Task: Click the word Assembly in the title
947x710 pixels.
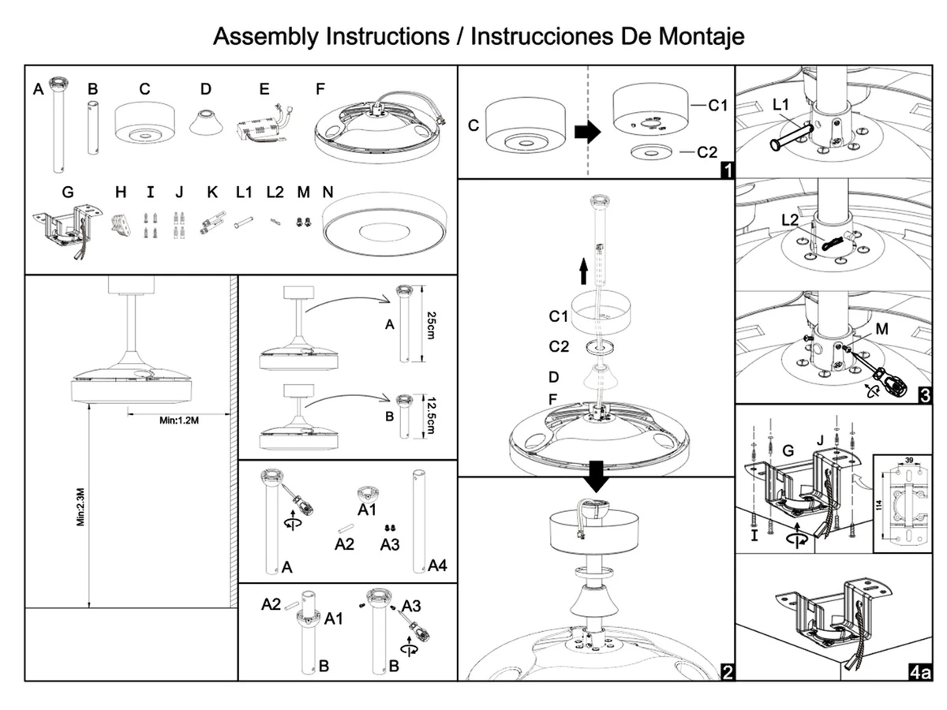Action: (266, 37)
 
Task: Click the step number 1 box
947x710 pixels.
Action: (728, 170)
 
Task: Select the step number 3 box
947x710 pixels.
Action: (925, 395)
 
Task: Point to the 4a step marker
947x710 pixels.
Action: (920, 672)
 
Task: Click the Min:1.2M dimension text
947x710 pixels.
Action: (179, 420)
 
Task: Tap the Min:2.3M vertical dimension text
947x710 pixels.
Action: (80, 507)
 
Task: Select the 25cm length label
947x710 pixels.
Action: (431, 326)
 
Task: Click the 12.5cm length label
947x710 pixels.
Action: (431, 415)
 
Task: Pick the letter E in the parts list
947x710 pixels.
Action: (264, 89)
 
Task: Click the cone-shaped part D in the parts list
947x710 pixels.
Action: (206, 122)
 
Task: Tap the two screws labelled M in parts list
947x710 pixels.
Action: (304, 222)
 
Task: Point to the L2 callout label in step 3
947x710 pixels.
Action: (790, 220)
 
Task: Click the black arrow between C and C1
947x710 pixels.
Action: (588, 132)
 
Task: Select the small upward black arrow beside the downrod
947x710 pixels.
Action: (583, 271)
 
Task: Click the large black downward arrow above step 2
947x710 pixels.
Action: (597, 476)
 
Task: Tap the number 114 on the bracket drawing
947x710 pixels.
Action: (879, 504)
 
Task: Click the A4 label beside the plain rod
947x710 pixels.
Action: (437, 565)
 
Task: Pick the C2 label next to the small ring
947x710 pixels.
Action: (707, 152)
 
